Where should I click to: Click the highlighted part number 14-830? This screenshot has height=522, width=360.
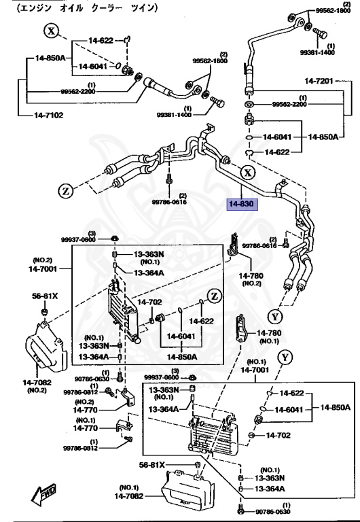(x=242, y=203)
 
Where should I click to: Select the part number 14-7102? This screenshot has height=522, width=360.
(x=49, y=116)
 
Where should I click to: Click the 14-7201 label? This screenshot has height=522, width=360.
(x=319, y=81)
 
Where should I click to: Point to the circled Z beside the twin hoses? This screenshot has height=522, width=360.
(x=65, y=192)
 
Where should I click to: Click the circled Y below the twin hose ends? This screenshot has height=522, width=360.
(x=275, y=317)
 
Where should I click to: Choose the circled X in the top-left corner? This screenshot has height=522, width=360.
(x=51, y=31)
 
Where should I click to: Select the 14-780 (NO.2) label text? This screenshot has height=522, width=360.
(x=251, y=279)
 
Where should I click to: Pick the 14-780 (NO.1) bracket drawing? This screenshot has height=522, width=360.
(x=241, y=328)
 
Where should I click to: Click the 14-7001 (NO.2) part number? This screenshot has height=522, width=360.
(x=43, y=268)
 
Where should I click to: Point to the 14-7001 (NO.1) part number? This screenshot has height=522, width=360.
(x=255, y=370)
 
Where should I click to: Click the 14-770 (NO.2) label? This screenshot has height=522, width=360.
(x=85, y=410)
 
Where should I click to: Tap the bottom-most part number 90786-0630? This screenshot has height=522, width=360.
(x=273, y=512)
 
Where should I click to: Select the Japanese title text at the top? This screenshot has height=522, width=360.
(x=87, y=7)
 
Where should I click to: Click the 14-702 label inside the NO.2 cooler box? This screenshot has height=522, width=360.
(x=149, y=302)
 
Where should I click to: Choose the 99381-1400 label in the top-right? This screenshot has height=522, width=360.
(x=317, y=52)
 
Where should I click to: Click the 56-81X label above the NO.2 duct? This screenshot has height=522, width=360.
(x=45, y=296)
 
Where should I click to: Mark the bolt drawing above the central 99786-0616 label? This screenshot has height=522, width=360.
(x=169, y=179)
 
